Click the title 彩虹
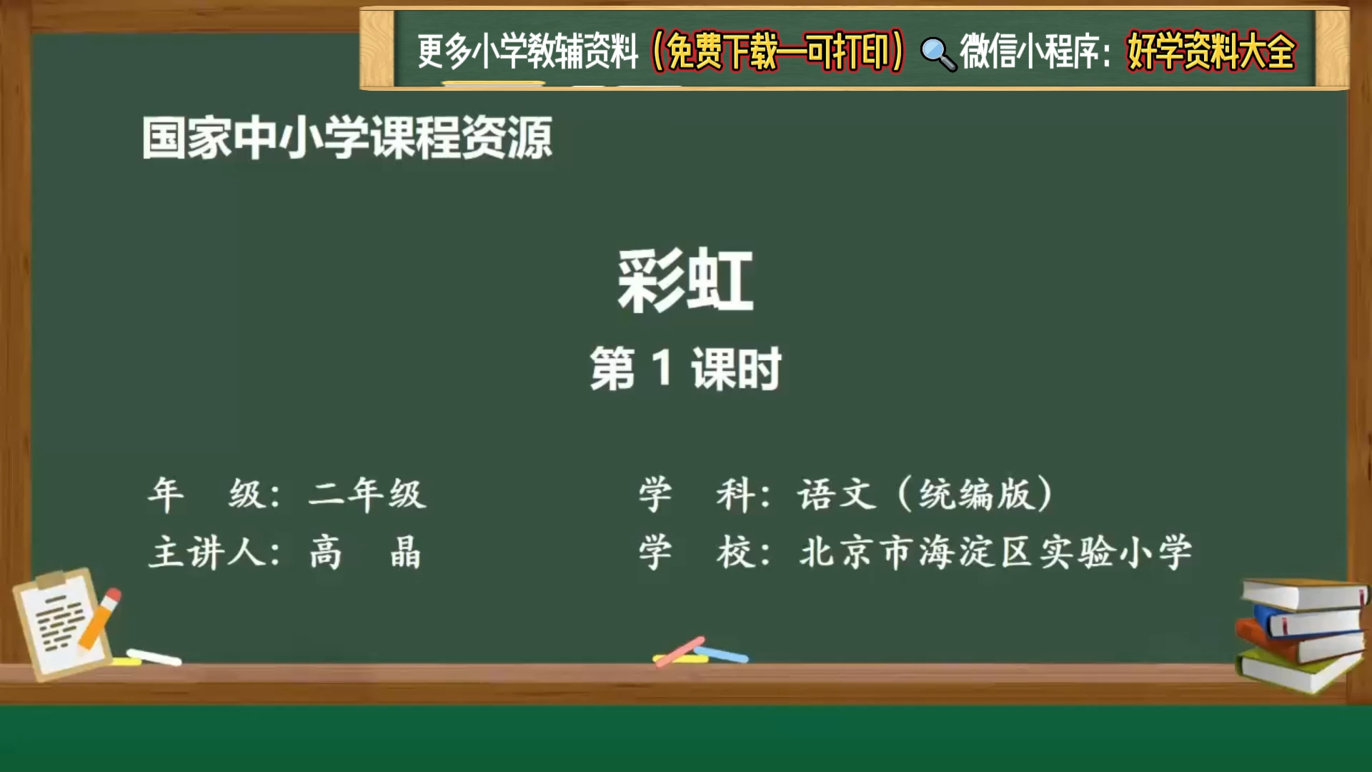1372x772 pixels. tap(685, 280)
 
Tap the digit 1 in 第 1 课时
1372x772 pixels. tap(662, 368)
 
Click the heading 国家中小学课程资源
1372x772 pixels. tap(347, 138)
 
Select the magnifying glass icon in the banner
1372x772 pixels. tap(937, 54)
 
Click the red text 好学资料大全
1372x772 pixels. tap(1211, 51)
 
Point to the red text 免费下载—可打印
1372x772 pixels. tap(777, 51)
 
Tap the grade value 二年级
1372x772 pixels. tap(367, 494)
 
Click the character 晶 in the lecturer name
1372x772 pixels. tap(405, 553)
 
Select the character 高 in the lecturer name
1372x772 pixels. tap(326, 553)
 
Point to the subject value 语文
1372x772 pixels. tap(837, 494)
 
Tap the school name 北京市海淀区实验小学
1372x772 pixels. tap(995, 553)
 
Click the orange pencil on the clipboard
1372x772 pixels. tap(99, 620)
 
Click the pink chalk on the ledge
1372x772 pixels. tap(680, 650)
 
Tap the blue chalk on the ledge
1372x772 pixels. tap(723, 653)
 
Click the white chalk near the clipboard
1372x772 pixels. tap(154, 657)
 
